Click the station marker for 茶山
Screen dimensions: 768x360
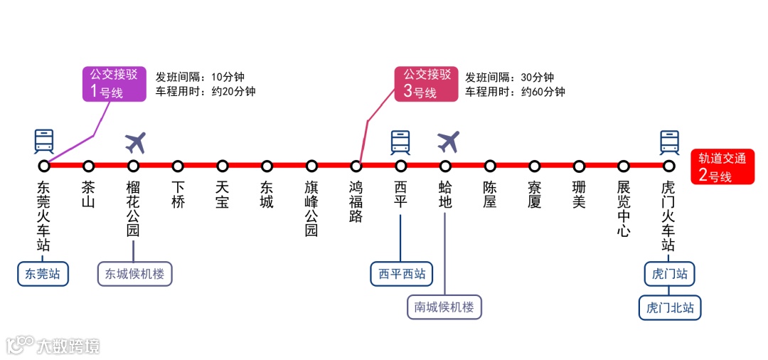click(x=88, y=166)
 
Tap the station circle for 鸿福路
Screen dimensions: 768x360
click(x=356, y=166)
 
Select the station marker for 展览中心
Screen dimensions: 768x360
click(x=624, y=166)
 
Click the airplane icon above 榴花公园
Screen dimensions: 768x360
click(x=135, y=142)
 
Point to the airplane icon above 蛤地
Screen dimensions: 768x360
click(x=448, y=142)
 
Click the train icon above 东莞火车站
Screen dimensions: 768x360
click(x=44, y=142)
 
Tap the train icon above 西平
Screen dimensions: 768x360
click(x=400, y=142)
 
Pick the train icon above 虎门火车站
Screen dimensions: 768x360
click(x=669, y=142)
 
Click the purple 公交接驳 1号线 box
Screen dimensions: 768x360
click(x=114, y=83)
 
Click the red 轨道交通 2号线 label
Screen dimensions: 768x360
click(x=722, y=167)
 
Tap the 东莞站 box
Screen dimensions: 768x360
click(x=43, y=274)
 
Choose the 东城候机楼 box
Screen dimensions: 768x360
click(x=134, y=274)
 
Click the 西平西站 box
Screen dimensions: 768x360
click(x=402, y=274)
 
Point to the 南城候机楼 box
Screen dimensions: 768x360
click(x=444, y=307)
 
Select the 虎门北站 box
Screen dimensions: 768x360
click(x=670, y=308)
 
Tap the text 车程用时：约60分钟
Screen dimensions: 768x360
click(x=515, y=92)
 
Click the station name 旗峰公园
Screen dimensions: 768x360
click(x=311, y=208)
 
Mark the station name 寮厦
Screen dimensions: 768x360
click(x=535, y=194)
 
